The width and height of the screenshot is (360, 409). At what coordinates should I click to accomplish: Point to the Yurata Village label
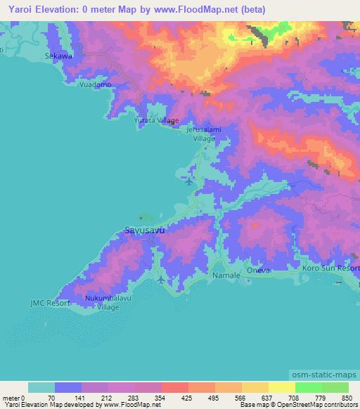(x=156, y=120)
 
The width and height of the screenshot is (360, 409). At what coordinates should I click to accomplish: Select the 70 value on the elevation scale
(x=50, y=397)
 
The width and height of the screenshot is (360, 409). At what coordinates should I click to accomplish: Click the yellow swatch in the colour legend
(x=281, y=387)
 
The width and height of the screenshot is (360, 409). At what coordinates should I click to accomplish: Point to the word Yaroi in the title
(x=22, y=10)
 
